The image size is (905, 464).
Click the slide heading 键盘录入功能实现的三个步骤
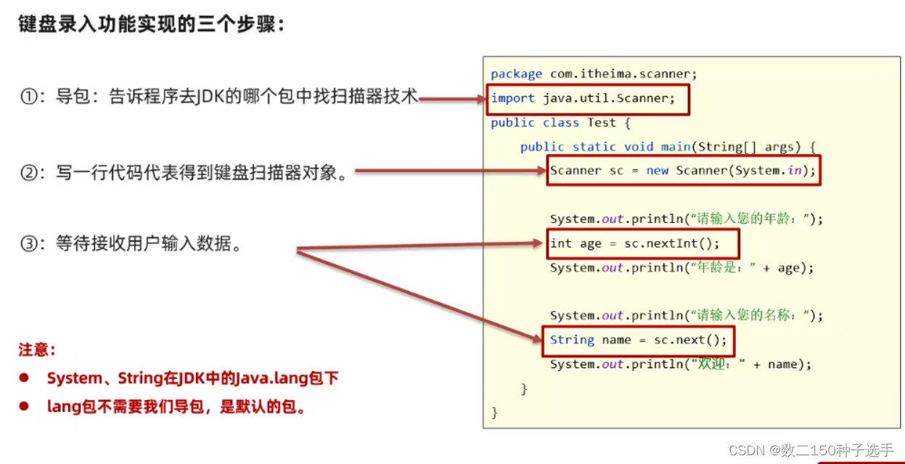pos(151,23)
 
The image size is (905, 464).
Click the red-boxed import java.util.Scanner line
pos(583,99)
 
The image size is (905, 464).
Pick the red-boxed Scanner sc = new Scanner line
pos(683,171)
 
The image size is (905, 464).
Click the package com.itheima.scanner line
pos(594,74)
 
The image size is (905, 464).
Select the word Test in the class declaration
pos(602,123)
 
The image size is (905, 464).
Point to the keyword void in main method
pos(639,147)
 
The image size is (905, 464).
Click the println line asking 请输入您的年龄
pos(686,219)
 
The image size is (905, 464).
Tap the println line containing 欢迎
pos(680,365)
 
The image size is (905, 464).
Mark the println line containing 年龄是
pos(681,268)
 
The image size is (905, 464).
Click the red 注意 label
pos(36,350)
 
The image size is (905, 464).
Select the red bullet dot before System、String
pos(23,378)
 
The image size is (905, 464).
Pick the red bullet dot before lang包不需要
pos(23,407)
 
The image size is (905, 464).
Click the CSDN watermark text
pos(821,450)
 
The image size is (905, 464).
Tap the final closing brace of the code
pos(495,412)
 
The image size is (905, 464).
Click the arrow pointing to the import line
pos(450,99)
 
